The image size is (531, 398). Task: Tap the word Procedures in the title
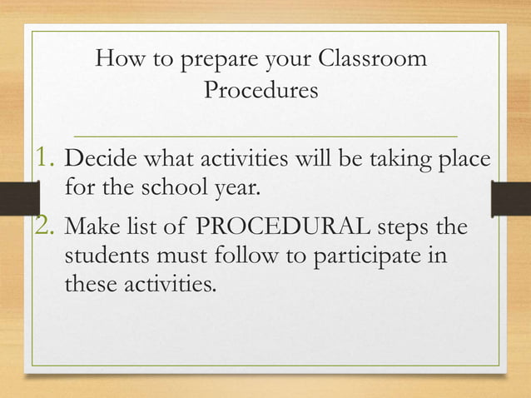coord(261,90)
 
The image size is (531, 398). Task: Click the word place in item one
coord(463,159)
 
